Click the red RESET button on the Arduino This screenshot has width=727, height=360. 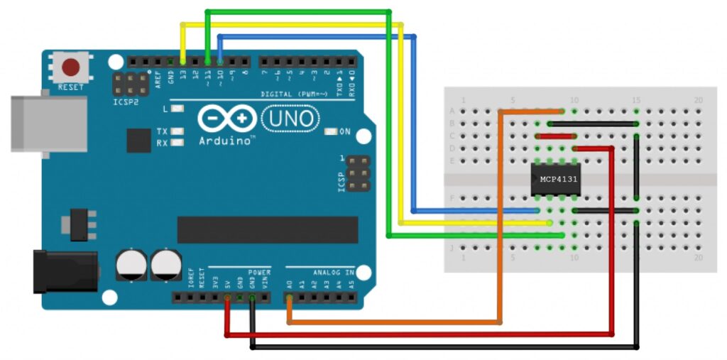[71, 68]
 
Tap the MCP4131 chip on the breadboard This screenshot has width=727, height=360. [559, 179]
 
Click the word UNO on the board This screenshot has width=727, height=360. [290, 118]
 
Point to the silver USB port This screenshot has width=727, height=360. [48, 124]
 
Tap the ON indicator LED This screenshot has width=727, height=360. [330, 132]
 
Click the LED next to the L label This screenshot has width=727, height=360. [177, 109]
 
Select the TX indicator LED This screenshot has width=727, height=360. [177, 131]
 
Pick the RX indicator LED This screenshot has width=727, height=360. [177, 143]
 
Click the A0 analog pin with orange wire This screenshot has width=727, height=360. [290, 298]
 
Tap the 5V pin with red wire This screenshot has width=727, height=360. [227, 298]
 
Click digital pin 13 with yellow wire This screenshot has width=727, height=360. [183, 60]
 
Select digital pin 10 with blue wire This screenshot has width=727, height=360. [220, 60]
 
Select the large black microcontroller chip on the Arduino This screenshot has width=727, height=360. [268, 229]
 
